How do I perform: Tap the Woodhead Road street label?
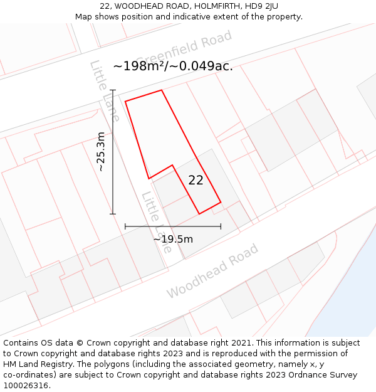[x=212, y=271]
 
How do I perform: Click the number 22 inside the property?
[x=196, y=180]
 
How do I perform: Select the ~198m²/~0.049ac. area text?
[x=173, y=66]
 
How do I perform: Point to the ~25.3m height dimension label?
[x=101, y=151]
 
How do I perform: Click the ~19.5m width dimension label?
[x=173, y=239]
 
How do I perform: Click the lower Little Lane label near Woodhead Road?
[x=157, y=222]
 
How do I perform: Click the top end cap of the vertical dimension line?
[x=113, y=90]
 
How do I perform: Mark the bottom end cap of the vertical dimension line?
[x=113, y=214]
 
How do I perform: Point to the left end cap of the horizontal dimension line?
[x=125, y=226]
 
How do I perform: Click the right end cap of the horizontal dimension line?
[x=221, y=226]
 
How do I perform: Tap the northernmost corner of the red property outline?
[x=162, y=90]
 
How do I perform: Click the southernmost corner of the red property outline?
[x=199, y=214]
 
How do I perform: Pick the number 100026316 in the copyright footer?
[x=25, y=386]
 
